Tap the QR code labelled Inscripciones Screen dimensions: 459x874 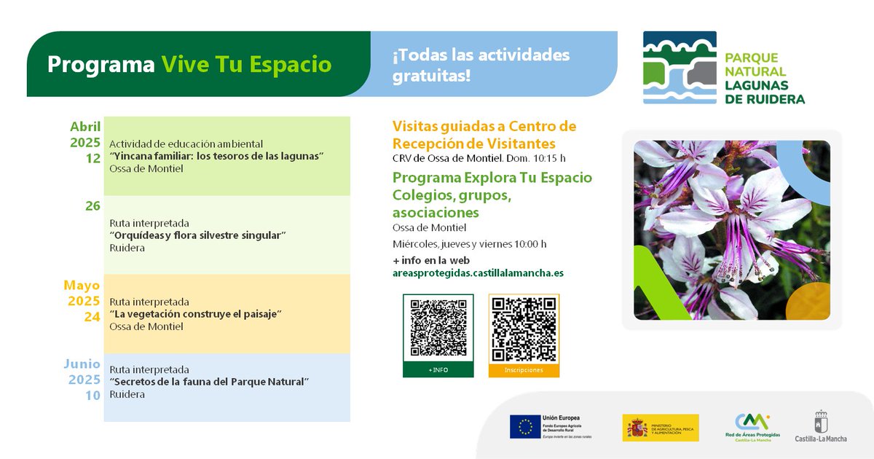[x=524, y=329]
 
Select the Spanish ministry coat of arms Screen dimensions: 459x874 [x=637, y=428]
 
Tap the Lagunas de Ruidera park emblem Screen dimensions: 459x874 [x=680, y=67]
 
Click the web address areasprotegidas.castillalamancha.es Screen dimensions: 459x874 [x=478, y=273]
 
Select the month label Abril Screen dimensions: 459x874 [x=85, y=127]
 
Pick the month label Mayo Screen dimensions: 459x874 [x=82, y=285]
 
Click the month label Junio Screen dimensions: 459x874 [x=82, y=364]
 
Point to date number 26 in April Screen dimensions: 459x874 [x=92, y=206]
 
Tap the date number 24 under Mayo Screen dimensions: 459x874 [x=92, y=317]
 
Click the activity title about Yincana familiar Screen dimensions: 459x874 [x=216, y=156]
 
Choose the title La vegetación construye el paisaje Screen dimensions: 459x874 [x=195, y=314]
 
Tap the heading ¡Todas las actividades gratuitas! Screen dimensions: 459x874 [x=481, y=65]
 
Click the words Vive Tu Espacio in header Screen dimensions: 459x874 [x=246, y=64]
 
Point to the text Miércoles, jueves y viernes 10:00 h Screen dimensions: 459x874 [x=469, y=244]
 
